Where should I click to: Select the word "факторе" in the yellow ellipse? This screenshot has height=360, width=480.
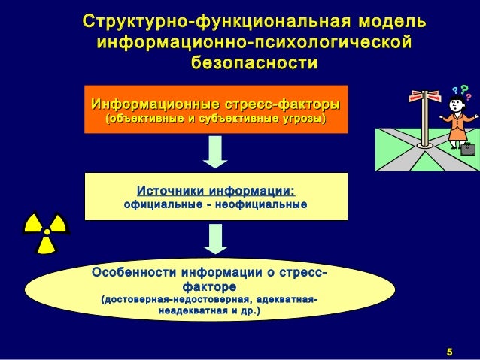pos(210,286)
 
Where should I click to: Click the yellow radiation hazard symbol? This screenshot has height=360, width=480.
pos(46,231)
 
